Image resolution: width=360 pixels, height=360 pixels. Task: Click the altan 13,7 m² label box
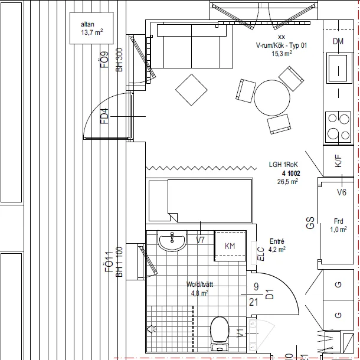pyautogui.click(x=91, y=28)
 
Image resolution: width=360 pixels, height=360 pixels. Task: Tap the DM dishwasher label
pyautogui.click(x=338, y=41)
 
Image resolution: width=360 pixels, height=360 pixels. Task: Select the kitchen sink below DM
pyautogui.click(x=338, y=68)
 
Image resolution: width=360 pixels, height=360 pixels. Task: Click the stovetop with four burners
pyautogui.click(x=338, y=125)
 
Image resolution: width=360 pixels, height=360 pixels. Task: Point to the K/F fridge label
pyautogui.click(x=338, y=162)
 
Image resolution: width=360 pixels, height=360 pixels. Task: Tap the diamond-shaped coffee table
pyautogui.click(x=191, y=89)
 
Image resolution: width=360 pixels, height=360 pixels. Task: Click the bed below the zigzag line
pyautogui.click(x=201, y=200)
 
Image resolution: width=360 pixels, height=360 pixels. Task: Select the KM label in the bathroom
pyautogui.click(x=230, y=246)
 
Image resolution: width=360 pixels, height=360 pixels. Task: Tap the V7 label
pyautogui.click(x=200, y=240)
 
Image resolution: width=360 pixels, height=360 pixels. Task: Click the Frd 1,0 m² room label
pyautogui.click(x=338, y=225)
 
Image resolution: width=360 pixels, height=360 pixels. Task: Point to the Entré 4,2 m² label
pyautogui.click(x=277, y=245)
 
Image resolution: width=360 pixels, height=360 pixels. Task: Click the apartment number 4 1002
pyautogui.click(x=291, y=174)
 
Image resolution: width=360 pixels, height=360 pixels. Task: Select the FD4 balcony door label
pyautogui.click(x=104, y=117)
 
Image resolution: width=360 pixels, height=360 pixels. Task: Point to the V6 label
pyautogui.click(x=341, y=192)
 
